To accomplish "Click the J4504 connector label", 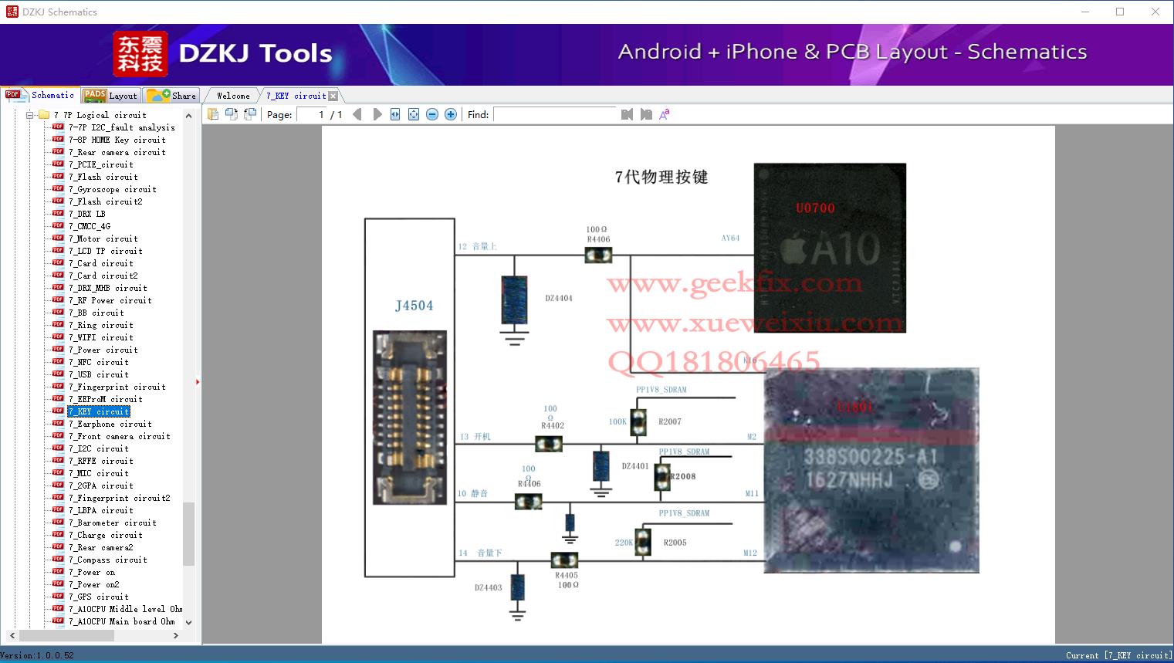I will [414, 306].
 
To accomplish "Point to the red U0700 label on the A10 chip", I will [815, 208].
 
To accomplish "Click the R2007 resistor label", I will [669, 422].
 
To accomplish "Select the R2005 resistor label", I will [675, 543].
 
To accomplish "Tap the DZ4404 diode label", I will [558, 298].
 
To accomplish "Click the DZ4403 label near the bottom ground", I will [488, 587].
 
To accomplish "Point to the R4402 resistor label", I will [552, 425].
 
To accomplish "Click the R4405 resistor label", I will [566, 575].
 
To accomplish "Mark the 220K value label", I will [624, 543].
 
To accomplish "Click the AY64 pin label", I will [730, 238].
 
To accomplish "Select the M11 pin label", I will [751, 493].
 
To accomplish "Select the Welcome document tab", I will [233, 96].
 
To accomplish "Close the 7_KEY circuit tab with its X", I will [333, 96].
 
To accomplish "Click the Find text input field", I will [556, 114].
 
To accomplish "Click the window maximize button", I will [1120, 12].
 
